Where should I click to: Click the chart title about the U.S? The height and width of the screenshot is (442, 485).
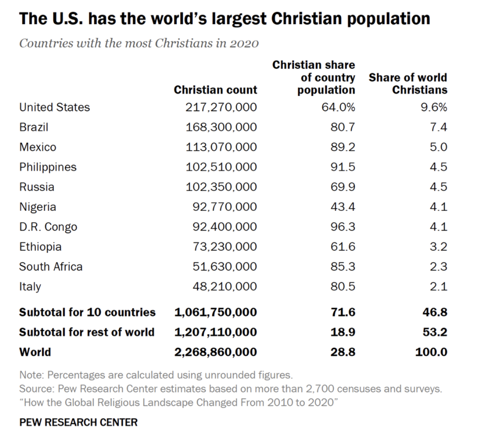[224, 19]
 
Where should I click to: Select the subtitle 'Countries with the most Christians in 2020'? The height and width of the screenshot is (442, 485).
[139, 44]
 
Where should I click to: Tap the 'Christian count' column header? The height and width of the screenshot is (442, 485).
[215, 90]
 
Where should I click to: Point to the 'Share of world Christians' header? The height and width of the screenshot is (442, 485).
[408, 83]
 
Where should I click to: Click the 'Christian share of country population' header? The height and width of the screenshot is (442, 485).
[314, 77]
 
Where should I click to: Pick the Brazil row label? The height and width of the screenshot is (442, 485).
[34, 127]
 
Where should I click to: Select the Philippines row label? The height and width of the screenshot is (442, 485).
[48, 167]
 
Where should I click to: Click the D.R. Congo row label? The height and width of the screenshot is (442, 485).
[48, 227]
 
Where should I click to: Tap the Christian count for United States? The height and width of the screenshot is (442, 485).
[221, 107]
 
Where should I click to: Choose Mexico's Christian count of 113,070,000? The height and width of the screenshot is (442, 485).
[221, 147]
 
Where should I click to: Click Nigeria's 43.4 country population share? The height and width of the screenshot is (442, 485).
[343, 207]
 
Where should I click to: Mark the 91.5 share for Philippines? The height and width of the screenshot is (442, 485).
[343, 167]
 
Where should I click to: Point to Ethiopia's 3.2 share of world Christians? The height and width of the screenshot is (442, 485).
[438, 247]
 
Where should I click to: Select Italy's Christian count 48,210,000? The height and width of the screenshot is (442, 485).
[225, 286]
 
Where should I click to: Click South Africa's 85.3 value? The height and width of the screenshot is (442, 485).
[343, 267]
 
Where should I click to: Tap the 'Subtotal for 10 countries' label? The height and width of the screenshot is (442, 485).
[87, 312]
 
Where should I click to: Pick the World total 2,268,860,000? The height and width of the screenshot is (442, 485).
[216, 352]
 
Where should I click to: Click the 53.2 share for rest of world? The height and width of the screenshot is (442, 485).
[435, 332]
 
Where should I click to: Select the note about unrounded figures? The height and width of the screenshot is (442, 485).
[156, 375]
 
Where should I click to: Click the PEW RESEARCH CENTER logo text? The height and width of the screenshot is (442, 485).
[78, 422]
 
